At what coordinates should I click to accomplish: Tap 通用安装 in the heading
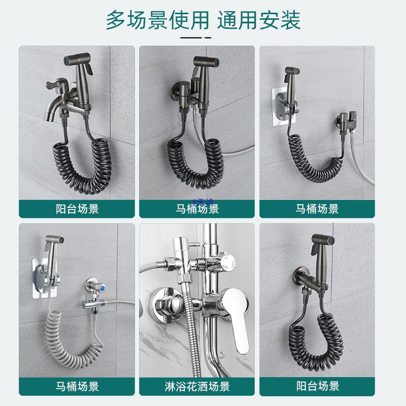point(259,20)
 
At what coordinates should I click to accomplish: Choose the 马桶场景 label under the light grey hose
point(77,387)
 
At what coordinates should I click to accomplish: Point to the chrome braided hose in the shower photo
point(192,325)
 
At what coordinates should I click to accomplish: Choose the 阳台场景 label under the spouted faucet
point(77,209)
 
